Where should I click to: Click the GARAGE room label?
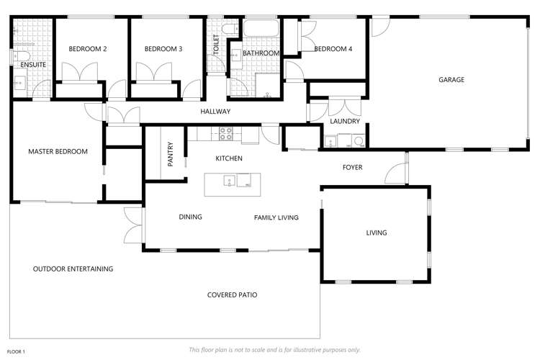tap(451, 80)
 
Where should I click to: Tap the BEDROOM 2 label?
tap(88, 49)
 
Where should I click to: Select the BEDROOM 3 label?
tap(163, 49)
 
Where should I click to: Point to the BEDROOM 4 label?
tap(333, 49)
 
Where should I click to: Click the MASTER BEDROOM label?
tap(58, 151)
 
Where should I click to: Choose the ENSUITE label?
tap(33, 65)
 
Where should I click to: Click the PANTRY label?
tap(171, 154)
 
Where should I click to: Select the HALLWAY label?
tap(215, 112)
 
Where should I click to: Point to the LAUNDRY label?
tap(345, 122)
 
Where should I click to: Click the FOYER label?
tap(352, 168)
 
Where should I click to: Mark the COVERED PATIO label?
tap(232, 295)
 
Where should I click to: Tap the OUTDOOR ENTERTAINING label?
tap(73, 269)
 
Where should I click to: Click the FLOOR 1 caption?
tap(16, 351)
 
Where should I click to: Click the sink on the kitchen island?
tap(246, 180)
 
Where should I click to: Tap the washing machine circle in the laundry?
tap(359, 142)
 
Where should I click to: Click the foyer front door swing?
tap(393, 174)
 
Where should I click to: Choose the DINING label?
tap(190, 217)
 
